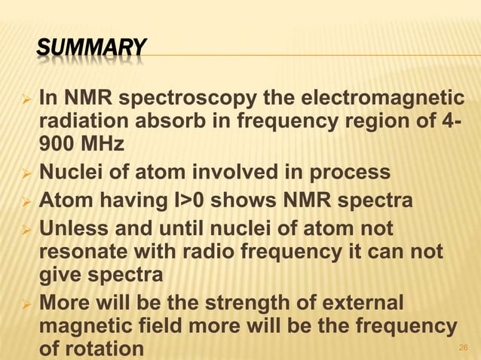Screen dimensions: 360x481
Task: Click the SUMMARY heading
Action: click(x=90, y=49)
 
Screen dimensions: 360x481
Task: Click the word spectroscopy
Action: click(x=190, y=99)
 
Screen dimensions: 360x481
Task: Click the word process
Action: click(x=353, y=172)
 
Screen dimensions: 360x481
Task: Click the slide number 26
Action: click(x=463, y=348)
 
